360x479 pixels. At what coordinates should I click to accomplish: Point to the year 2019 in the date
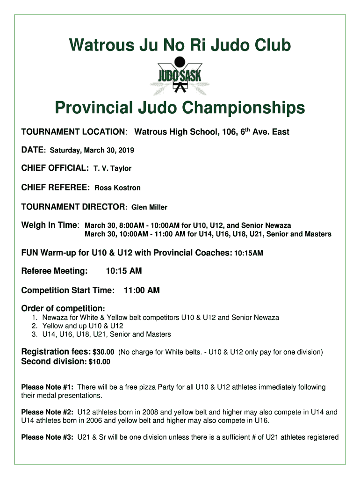tap(126, 150)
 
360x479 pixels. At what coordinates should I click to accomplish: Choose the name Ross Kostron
tap(117, 188)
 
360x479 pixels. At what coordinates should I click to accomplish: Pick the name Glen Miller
tap(149, 207)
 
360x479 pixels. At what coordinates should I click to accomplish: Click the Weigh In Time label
tap(50, 225)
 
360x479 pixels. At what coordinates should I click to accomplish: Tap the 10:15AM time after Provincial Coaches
tap(248, 254)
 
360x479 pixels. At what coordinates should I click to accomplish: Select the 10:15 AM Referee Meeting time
tap(124, 271)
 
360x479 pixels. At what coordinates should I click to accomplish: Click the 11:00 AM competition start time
tap(142, 290)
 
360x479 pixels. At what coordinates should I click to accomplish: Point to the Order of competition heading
tap(63, 309)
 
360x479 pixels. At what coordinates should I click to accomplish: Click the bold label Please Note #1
tap(48, 387)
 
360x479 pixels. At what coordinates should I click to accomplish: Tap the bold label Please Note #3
tap(48, 437)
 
